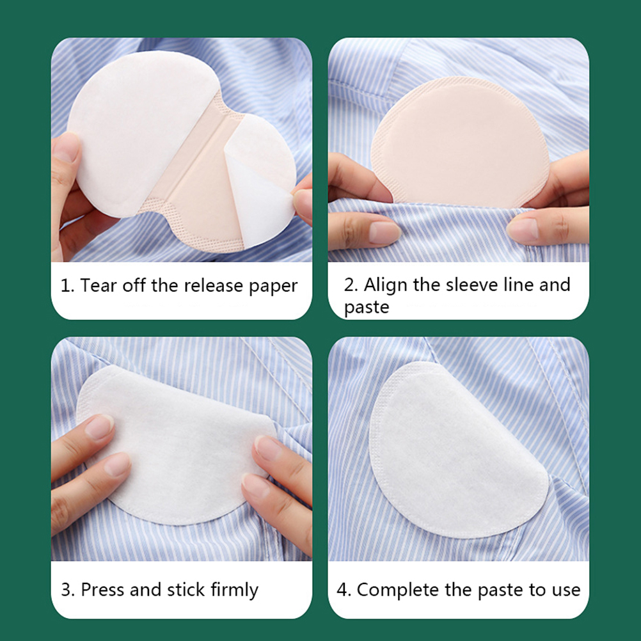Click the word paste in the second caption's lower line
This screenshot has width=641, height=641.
pos(367,308)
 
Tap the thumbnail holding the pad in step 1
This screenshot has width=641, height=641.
pos(67,147)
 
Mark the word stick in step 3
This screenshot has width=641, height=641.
pos(186,589)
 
